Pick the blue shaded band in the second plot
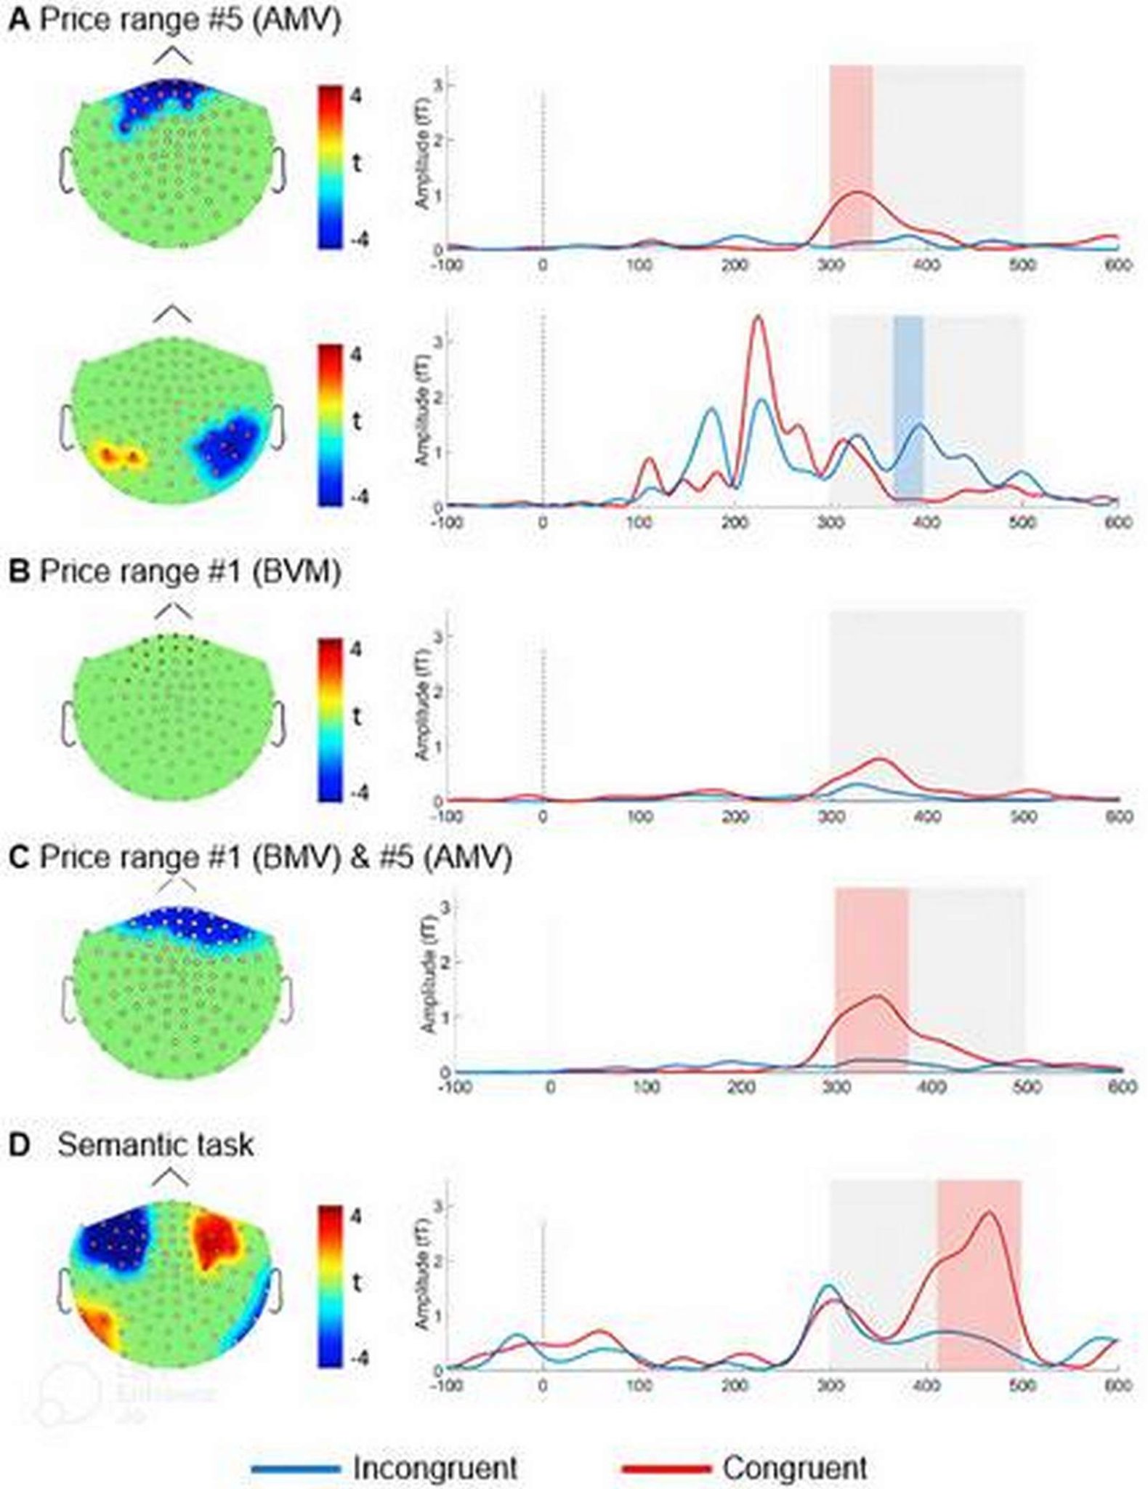(908, 407)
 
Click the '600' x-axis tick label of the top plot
(1117, 265)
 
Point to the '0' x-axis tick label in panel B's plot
(543, 816)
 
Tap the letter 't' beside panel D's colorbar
(356, 1285)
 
